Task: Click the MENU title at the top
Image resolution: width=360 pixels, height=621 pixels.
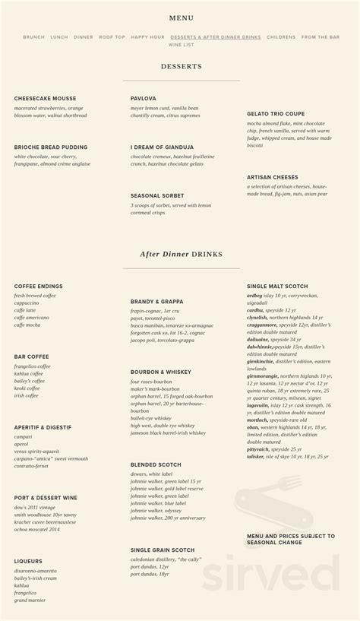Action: [181, 18]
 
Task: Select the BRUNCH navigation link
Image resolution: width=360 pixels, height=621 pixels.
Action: [34, 37]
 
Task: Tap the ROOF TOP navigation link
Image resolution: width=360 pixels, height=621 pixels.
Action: [112, 37]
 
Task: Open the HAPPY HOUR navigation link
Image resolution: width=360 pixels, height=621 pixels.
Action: [147, 37]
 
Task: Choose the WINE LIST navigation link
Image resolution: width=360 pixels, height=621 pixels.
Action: [181, 45]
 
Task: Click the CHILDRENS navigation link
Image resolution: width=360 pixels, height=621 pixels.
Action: [281, 37]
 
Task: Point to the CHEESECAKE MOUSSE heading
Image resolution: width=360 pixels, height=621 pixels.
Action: [45, 99]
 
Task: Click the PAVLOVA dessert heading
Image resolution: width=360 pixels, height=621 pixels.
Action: [143, 99]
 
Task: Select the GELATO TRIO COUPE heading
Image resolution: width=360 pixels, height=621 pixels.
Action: [276, 114]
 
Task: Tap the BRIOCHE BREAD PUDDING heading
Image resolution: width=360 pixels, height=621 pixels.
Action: [51, 147]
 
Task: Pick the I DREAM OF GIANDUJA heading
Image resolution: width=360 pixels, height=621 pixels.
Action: [162, 147]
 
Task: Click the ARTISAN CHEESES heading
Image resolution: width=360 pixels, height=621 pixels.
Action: [272, 177]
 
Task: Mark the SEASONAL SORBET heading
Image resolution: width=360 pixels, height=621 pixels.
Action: [157, 195]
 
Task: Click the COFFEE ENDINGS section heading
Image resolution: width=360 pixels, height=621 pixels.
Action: [38, 287]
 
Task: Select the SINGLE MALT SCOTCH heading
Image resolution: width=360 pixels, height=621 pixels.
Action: [277, 287]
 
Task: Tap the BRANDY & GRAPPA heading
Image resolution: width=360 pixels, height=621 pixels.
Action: [156, 302]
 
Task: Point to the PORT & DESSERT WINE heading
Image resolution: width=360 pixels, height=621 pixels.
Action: [46, 498]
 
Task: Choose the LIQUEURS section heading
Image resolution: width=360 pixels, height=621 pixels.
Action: [28, 562]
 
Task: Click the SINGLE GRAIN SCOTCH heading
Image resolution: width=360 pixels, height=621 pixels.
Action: [162, 550]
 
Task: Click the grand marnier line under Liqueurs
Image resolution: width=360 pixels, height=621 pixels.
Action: [30, 600]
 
